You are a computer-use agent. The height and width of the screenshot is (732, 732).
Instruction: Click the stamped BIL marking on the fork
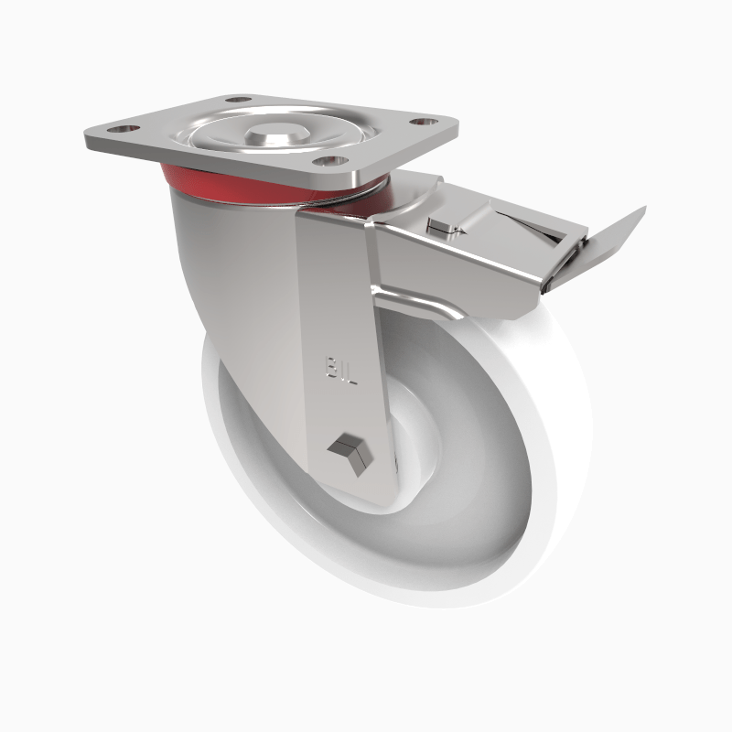pos(340,371)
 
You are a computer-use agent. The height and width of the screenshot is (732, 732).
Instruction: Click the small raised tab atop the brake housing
pos(446,225)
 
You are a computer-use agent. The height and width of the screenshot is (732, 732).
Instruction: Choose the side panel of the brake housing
pos(457,265)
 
